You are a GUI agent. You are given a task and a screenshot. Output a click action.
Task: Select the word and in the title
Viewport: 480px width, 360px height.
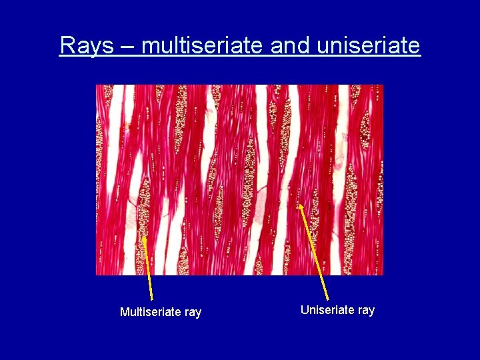[291, 45]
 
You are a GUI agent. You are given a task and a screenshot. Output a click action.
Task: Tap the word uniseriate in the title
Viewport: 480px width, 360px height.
[369, 45]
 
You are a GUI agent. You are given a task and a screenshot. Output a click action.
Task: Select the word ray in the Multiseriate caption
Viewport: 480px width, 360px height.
[192, 313]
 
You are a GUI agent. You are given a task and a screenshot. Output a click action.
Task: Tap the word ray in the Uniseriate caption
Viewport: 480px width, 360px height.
[365, 311]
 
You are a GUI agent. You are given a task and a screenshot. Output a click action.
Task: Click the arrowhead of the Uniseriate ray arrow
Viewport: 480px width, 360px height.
[301, 206]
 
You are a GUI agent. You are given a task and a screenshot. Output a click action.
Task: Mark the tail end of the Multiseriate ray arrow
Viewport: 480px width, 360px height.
[152, 300]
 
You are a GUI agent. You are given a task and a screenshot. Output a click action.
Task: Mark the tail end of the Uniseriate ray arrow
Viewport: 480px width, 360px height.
[327, 299]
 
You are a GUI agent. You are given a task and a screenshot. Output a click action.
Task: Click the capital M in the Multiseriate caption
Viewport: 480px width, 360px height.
[125, 312]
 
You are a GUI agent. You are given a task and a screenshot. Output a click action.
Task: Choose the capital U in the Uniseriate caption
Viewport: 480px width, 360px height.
[305, 310]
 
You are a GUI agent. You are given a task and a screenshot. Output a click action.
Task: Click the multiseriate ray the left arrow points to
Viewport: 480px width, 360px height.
[142, 213]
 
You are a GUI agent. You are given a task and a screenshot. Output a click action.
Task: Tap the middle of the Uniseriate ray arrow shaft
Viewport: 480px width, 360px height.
[314, 253]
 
